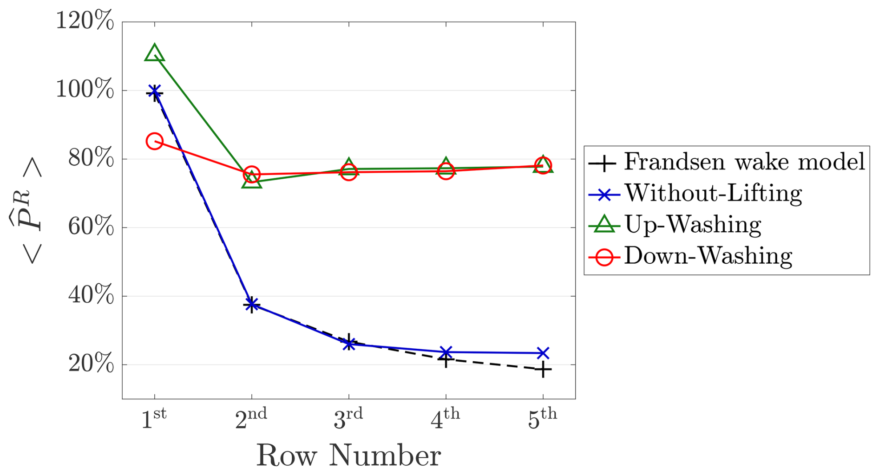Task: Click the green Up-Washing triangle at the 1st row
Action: (x=154, y=53)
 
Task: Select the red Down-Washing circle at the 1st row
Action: (x=154, y=141)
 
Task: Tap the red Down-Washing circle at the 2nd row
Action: (x=251, y=174)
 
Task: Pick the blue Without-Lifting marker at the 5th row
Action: (x=543, y=353)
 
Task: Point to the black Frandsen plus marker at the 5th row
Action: (x=543, y=370)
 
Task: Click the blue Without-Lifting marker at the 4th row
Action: (x=446, y=352)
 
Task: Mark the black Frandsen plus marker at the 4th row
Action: (x=446, y=359)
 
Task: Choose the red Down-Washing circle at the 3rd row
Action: (x=348, y=172)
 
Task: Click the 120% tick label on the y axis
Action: (x=85, y=21)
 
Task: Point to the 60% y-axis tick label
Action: (x=91, y=227)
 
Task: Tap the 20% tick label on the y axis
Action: (x=91, y=364)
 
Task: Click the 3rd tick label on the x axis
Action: (x=348, y=419)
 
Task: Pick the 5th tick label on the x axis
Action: (x=543, y=419)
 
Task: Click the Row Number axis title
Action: (x=348, y=455)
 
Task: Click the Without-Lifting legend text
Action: (x=713, y=193)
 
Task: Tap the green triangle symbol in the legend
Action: (x=604, y=224)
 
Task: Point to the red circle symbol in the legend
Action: (x=604, y=256)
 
